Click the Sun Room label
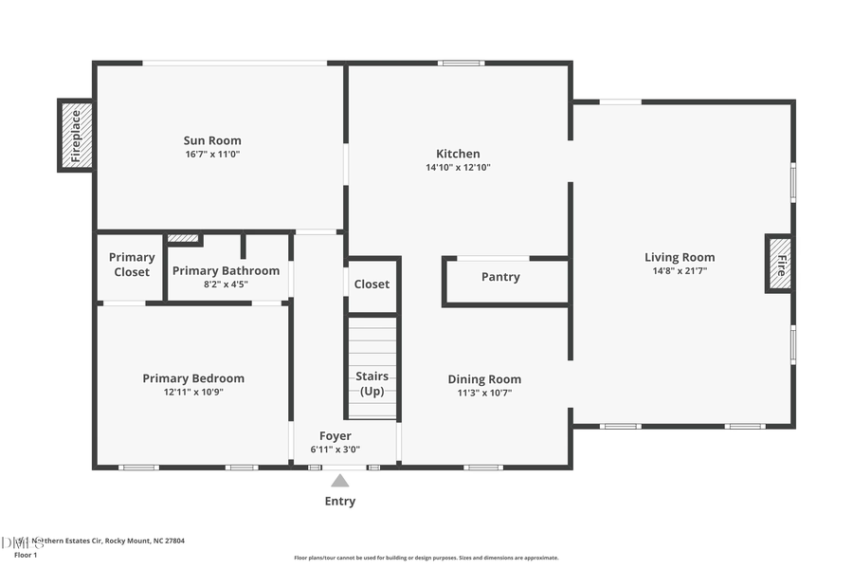tap(212, 140)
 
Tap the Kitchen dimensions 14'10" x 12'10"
tap(458, 167)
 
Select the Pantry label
tap(500, 277)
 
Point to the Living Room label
tap(680, 257)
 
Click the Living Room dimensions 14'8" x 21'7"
tap(680, 270)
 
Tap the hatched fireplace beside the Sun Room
tap(76, 135)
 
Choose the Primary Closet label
tap(132, 265)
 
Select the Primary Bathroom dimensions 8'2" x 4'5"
tap(226, 284)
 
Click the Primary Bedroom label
tap(193, 377)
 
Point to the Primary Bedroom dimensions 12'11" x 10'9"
tap(193, 392)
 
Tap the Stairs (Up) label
tap(372, 384)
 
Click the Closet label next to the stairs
tap(372, 284)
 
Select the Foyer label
tap(336, 436)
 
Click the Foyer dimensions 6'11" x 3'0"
tap(336, 450)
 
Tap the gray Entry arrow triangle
tap(340, 481)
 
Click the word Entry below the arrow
tap(340, 501)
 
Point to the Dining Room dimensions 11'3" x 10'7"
tap(484, 393)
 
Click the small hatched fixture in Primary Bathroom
tap(183, 238)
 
